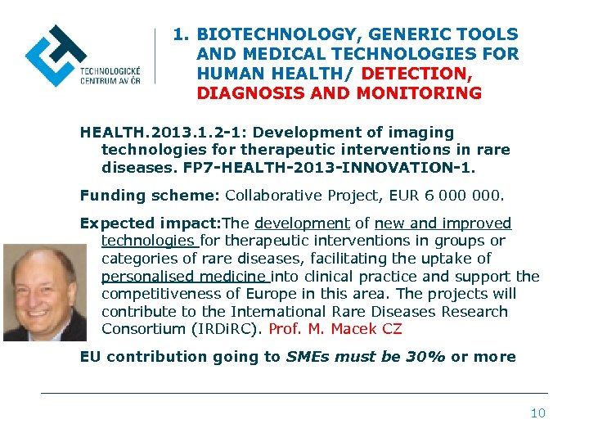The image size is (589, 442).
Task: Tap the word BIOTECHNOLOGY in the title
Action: (x=279, y=34)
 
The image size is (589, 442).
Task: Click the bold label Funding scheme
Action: (x=149, y=195)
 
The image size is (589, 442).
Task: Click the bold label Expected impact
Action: (x=150, y=223)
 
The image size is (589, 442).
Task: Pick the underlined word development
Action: (x=302, y=223)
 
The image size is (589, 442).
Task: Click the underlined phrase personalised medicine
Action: (x=185, y=277)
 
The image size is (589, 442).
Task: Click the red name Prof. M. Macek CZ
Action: (x=335, y=330)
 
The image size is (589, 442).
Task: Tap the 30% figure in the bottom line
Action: (x=426, y=357)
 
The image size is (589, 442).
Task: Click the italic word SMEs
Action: (x=307, y=357)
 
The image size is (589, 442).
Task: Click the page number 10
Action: (x=537, y=413)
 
